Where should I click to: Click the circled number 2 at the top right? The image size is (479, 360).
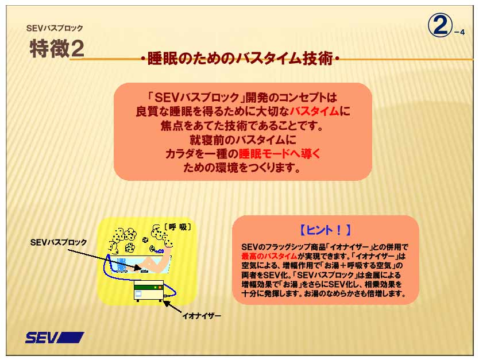pyautogui.click(x=440, y=26)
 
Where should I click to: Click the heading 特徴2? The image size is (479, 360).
pyautogui.click(x=57, y=49)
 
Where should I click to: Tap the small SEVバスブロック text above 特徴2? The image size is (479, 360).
pyautogui.click(x=54, y=28)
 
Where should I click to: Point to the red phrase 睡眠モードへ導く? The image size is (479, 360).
pyautogui.click(x=279, y=154)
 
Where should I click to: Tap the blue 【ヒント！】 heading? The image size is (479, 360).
pyautogui.click(x=325, y=230)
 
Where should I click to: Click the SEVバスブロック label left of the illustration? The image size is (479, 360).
pyautogui.click(x=58, y=242)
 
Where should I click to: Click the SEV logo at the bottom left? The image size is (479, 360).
pyautogui.click(x=55, y=338)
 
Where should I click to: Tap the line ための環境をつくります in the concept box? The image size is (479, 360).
pyautogui.click(x=242, y=168)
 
